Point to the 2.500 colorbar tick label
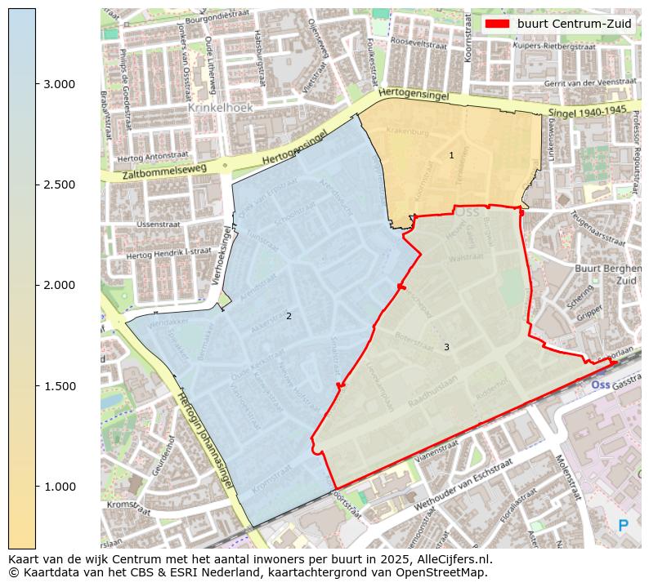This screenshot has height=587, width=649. (x=59, y=185)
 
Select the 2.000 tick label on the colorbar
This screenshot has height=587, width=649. (x=59, y=285)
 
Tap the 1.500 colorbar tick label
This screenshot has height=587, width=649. (x=59, y=386)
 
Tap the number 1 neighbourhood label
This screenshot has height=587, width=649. (x=451, y=155)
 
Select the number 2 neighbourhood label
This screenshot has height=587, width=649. (x=289, y=316)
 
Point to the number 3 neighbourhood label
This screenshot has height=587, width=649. (x=446, y=347)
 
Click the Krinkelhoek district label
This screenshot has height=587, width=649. (x=220, y=107)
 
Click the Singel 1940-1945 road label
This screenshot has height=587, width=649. (x=589, y=110)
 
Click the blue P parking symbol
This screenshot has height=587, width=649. (x=624, y=527)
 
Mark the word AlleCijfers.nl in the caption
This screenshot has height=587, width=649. (x=450, y=559)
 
